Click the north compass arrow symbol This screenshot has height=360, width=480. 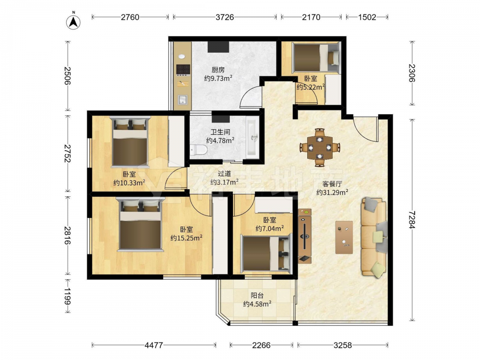[x=73, y=21]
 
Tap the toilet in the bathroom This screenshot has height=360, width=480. [x=198, y=150]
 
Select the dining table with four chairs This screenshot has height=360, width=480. [x=320, y=147]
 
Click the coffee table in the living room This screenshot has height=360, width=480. [x=344, y=237]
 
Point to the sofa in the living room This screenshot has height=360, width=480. [x=374, y=238]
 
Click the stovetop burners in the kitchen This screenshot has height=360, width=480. [x=183, y=70]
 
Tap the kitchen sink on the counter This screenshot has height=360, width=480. [x=182, y=100]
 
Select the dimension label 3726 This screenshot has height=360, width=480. [x=225, y=17]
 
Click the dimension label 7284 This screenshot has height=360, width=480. [x=412, y=219]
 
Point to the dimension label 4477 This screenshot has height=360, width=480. [x=154, y=345]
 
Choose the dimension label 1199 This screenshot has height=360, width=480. [x=67, y=296]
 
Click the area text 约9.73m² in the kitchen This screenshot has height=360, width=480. [x=218, y=78]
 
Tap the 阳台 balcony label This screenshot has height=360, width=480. [x=257, y=296]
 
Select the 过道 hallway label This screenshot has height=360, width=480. [x=224, y=174]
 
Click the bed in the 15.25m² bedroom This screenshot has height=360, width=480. [x=141, y=224]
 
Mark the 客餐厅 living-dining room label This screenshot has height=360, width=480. [x=332, y=184]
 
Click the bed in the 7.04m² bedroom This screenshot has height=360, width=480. [x=266, y=252]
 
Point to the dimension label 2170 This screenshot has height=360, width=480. [x=311, y=17]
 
